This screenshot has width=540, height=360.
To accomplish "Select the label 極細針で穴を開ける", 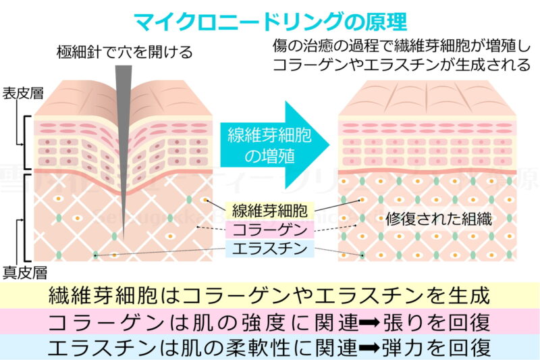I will [125, 51].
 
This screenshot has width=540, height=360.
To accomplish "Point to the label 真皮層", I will [24, 273].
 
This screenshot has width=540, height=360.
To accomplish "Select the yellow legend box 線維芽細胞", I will [269, 211].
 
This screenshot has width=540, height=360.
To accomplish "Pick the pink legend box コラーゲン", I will [269, 230].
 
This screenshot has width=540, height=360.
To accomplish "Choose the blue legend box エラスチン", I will [269, 249].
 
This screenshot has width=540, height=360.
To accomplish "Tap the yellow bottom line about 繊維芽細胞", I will [269, 296].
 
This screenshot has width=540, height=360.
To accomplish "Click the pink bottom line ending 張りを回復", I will [269, 322].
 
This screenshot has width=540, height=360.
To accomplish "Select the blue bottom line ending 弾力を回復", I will [269, 348].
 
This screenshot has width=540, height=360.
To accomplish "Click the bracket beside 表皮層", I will [27, 143].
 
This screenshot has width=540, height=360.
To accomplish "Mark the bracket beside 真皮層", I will [27, 216].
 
